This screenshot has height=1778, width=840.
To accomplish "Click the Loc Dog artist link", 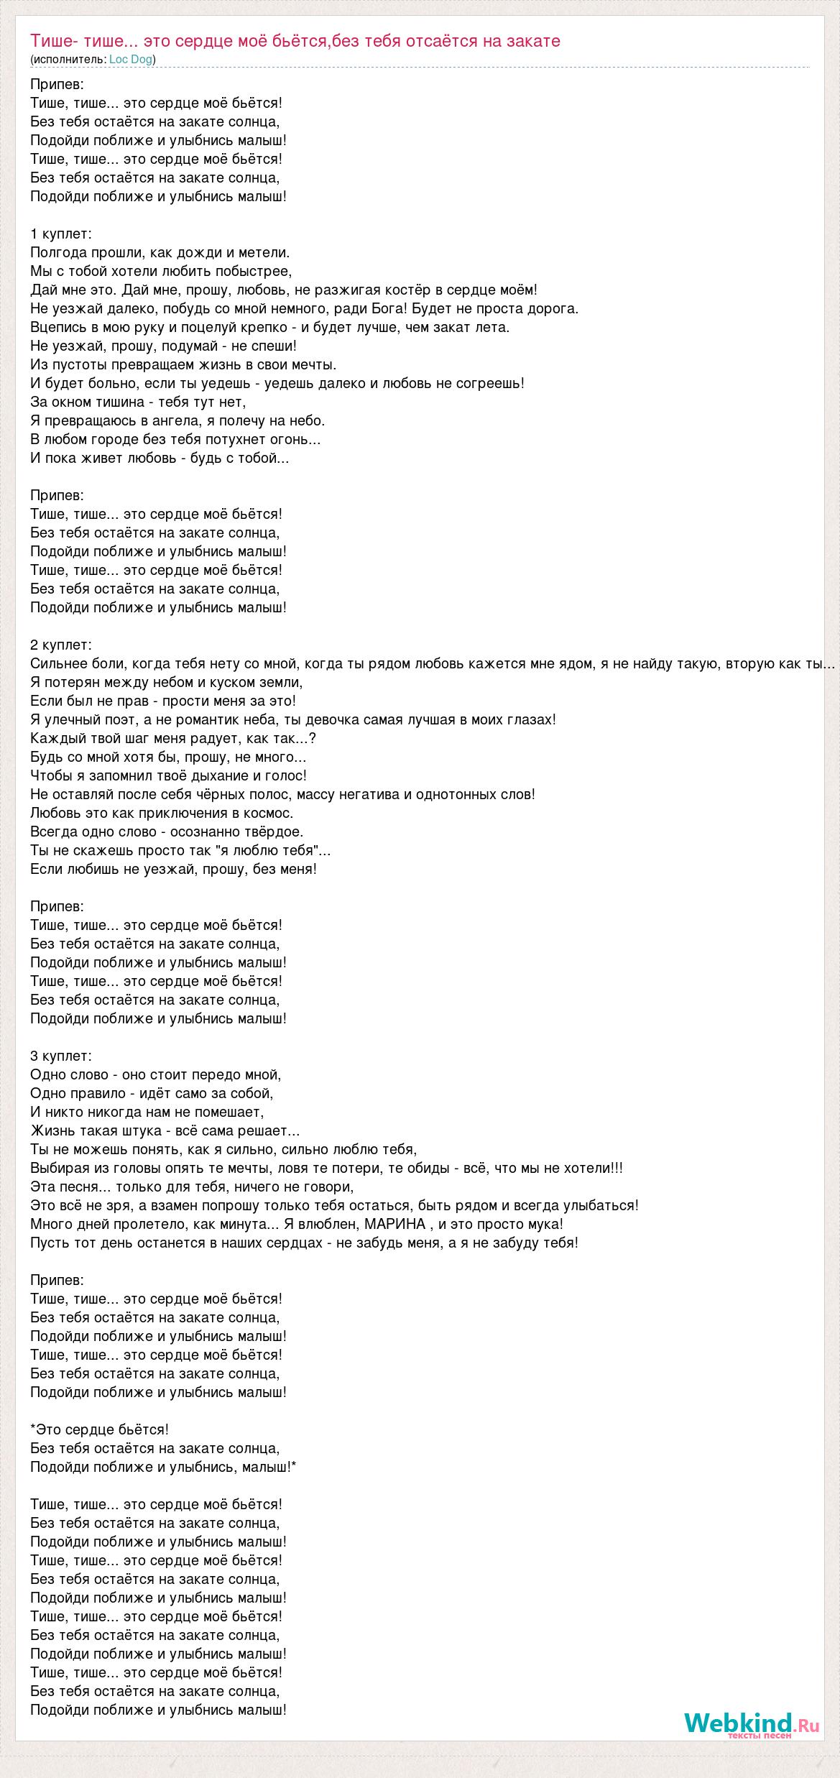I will pos(131,60).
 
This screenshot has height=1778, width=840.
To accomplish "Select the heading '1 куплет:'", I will pos(62,234).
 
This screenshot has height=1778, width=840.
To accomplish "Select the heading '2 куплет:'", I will pos(62,645).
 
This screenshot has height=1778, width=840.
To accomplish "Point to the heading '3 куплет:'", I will pos(62,1056).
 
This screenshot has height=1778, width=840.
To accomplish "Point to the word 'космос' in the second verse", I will pos(269,813).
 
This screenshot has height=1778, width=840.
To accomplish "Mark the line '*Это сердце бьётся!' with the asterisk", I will pos(100,1429).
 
